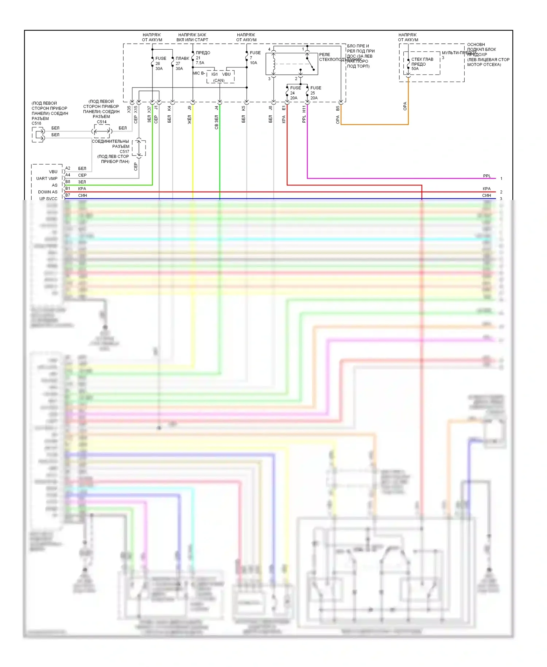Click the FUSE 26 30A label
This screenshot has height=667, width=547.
(160, 63)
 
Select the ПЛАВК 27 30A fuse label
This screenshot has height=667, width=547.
(182, 63)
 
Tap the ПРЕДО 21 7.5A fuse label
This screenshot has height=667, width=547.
(202, 58)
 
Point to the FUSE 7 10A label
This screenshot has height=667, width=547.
(255, 58)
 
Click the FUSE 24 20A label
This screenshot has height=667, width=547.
(295, 93)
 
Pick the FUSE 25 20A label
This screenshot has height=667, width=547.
(315, 93)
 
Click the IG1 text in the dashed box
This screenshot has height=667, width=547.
(214, 74)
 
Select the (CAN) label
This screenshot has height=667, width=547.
(219, 81)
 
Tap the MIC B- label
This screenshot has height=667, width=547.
(199, 73)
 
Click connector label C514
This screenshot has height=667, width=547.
(102, 122)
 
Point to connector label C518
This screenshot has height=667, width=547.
(36, 123)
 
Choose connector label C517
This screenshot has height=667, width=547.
(124, 151)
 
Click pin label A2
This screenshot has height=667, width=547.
(68, 168)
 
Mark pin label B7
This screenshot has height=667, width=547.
(68, 195)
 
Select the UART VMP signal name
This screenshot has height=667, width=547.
(47, 178)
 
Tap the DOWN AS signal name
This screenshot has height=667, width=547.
(47, 192)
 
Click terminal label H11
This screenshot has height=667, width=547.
(304, 109)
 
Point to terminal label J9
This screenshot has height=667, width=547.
(190, 108)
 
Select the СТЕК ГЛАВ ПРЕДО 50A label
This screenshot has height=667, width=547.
(422, 64)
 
